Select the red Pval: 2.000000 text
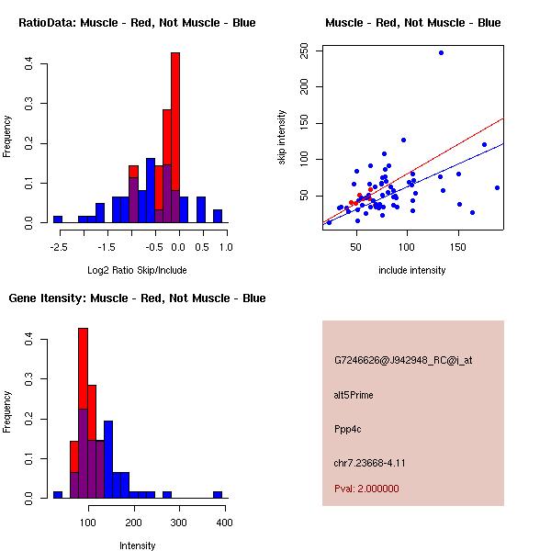(x=366, y=489)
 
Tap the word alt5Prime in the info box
(x=354, y=395)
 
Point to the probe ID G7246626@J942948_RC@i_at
(x=403, y=361)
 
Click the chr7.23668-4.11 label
(x=369, y=462)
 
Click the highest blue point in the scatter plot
(x=441, y=53)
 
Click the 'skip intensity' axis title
(x=283, y=138)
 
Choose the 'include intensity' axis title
(x=411, y=270)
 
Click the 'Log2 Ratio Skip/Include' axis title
(x=137, y=270)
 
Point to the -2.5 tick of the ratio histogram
(x=58, y=247)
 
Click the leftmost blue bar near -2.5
(x=58, y=219)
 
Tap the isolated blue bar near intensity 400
(x=218, y=494)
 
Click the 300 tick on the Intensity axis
(x=178, y=521)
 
